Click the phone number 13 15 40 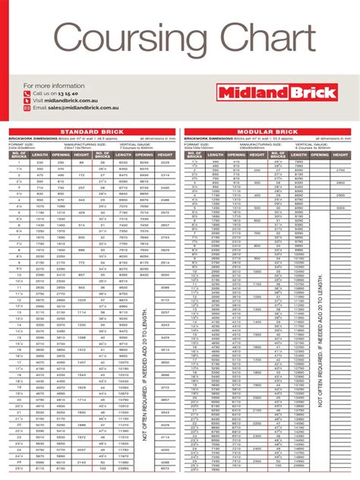pyautogui.click(x=71, y=93)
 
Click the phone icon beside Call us pyautogui.click(x=27, y=93)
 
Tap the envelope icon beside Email pyautogui.click(x=27, y=109)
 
